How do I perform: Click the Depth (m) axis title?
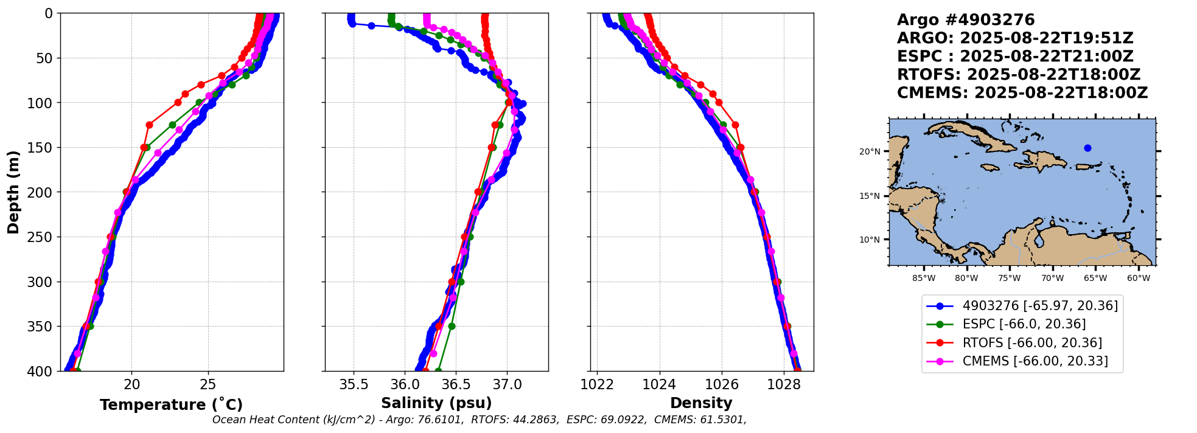pos(13,192)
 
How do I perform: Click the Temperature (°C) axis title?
pos(171,405)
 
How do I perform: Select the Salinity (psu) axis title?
pos(436,403)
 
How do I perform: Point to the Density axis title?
pos(701,403)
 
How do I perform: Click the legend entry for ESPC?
pos(1024,324)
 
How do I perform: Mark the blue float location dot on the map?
pos(1087,148)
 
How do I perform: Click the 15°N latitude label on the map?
pos(869,196)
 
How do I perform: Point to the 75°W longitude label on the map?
pos(1009,279)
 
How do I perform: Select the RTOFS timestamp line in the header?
pos(1018,75)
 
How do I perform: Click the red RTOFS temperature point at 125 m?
pos(149,125)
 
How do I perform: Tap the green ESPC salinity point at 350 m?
pos(452,327)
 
